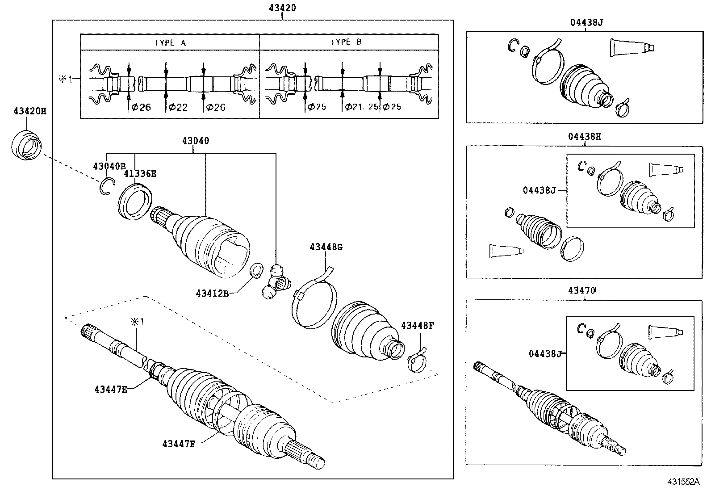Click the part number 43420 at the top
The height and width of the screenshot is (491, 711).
pyautogui.click(x=282, y=8)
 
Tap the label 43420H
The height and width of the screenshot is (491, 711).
pyautogui.click(x=27, y=111)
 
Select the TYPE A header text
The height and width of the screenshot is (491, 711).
pyautogui.click(x=170, y=42)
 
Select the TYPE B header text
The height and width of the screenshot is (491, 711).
pyautogui.click(x=346, y=42)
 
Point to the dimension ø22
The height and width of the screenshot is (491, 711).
pyautogui.click(x=178, y=107)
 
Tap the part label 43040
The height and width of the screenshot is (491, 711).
pyautogui.click(x=195, y=141)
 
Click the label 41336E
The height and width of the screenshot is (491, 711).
pyautogui.click(x=140, y=174)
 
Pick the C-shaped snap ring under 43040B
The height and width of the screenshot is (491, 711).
pyautogui.click(x=107, y=186)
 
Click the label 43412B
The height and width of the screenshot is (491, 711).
pyautogui.click(x=212, y=294)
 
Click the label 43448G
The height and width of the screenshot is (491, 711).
pyautogui.click(x=326, y=247)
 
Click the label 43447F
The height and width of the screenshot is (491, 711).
pyautogui.click(x=179, y=444)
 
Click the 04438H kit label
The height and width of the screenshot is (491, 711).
pyautogui.click(x=585, y=137)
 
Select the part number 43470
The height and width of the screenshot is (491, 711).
pyautogui.click(x=582, y=290)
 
